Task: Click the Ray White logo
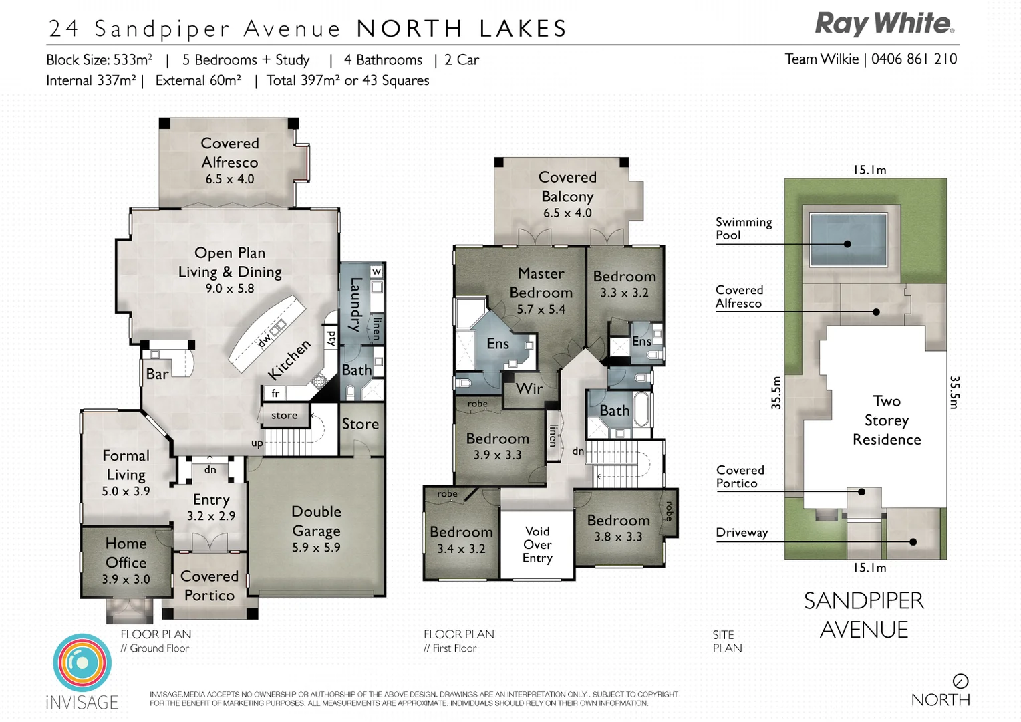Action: click(x=884, y=24)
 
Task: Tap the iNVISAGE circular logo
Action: click(x=82, y=662)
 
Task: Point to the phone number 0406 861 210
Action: click(x=914, y=59)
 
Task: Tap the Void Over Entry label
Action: click(x=537, y=544)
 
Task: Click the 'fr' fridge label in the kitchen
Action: click(x=275, y=394)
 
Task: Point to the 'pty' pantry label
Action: click(x=331, y=338)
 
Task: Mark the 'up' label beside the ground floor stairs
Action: click(x=257, y=443)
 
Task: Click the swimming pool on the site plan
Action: click(x=847, y=239)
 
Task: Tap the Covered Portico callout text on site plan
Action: click(x=740, y=477)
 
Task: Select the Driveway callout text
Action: click(x=742, y=533)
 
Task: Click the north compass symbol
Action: click(x=960, y=681)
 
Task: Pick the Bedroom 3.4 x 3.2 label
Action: click(x=461, y=539)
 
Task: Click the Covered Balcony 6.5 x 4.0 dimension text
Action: click(x=567, y=213)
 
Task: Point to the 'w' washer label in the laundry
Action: click(x=377, y=271)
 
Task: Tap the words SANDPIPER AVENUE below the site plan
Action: click(x=864, y=615)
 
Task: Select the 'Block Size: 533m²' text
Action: click(x=99, y=59)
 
